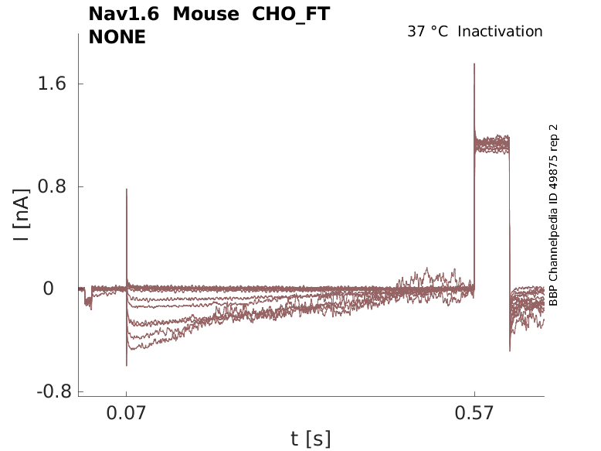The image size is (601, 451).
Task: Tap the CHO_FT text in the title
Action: point(291,15)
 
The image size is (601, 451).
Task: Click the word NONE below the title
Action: point(117,36)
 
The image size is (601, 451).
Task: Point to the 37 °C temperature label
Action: point(428,32)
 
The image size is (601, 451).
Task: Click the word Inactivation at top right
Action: point(501,32)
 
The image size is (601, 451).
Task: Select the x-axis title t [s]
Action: point(311,439)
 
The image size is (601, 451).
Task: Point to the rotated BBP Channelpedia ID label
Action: point(553,215)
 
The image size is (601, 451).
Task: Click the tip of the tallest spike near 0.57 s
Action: point(474,63)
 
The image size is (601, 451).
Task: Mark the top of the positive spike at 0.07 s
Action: point(127,189)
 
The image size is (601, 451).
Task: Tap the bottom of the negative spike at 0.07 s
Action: point(127,365)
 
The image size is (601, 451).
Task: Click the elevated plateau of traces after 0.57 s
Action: point(493,145)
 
